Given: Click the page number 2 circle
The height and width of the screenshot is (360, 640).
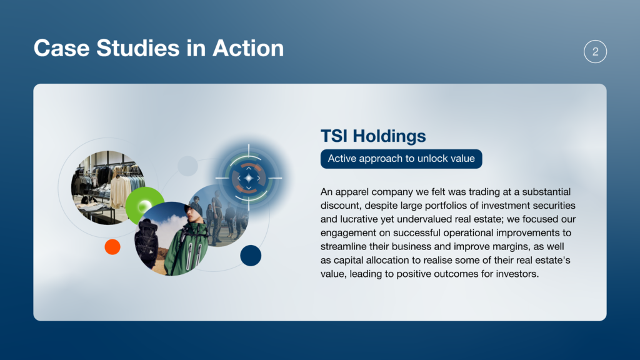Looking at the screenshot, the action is point(595,51).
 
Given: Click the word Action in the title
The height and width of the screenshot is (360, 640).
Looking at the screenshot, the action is point(248,48).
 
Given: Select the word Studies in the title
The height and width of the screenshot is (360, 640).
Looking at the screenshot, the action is point(138,48).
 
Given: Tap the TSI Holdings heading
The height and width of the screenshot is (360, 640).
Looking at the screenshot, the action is point(373,136).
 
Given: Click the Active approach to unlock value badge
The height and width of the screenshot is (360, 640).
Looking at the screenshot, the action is point(401,159).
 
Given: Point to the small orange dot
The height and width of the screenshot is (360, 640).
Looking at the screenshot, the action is point(112,247).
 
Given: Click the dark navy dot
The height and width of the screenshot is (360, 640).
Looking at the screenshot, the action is point(251,256).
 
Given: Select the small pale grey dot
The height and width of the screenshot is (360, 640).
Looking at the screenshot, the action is point(187,166).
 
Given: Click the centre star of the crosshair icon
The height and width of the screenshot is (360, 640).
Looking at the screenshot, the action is point(249,178).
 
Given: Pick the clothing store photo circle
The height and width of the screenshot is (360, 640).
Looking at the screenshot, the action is point(107,187).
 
